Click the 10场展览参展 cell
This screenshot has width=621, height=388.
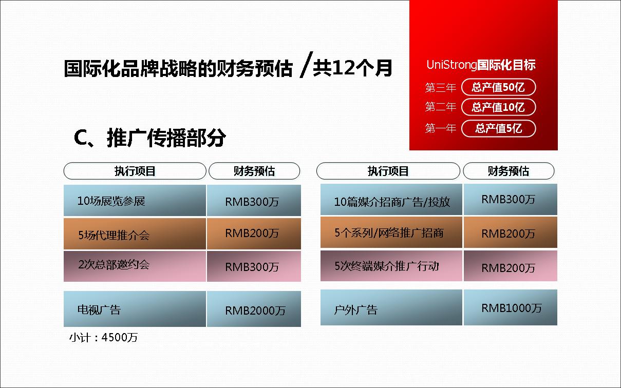tap(135, 200)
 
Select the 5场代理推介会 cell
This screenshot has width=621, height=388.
tap(135, 234)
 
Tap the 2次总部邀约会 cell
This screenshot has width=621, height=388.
tap(135, 266)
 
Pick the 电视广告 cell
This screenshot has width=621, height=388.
tap(135, 309)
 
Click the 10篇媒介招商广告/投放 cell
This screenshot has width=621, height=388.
tap(391, 200)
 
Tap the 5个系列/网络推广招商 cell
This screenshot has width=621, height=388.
tap(391, 232)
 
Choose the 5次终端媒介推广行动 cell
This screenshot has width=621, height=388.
tap(391, 266)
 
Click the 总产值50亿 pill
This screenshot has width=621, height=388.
tap(498, 87)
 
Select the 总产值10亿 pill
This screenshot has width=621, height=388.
tap(498, 107)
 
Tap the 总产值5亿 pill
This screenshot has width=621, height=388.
tap(498, 128)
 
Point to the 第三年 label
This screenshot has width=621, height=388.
tap(441, 88)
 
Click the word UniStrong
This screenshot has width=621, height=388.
tap(451, 65)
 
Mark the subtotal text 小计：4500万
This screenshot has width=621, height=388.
tap(103, 337)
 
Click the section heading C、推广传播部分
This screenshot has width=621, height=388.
tap(149, 138)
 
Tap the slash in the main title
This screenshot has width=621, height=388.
tap(306, 64)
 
